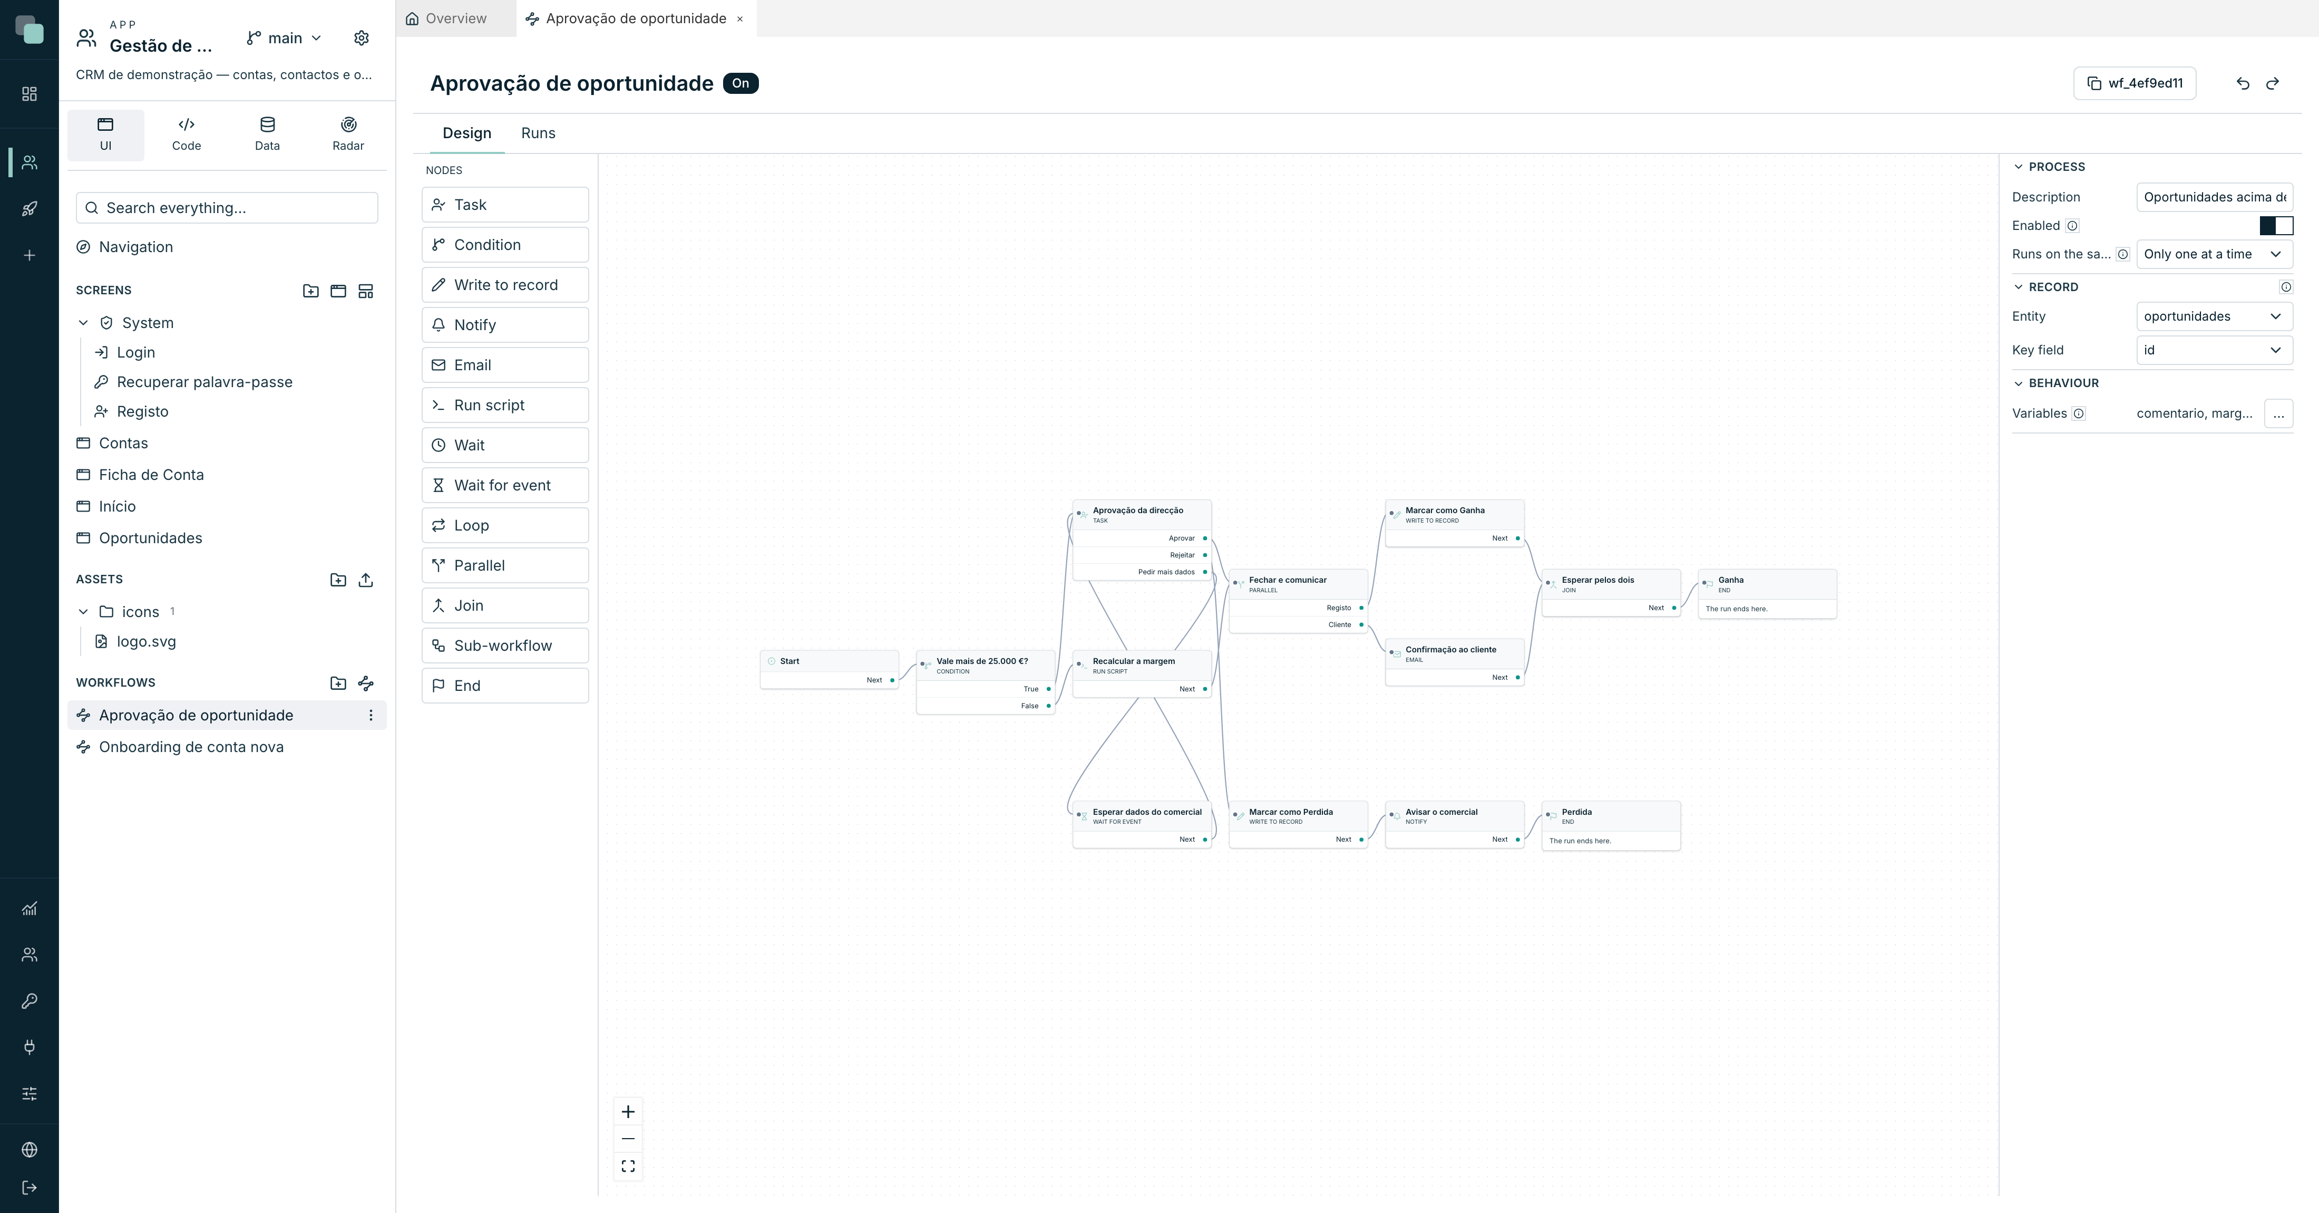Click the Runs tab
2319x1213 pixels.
pyautogui.click(x=538, y=133)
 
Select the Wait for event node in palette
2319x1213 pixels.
pyautogui.click(x=505, y=485)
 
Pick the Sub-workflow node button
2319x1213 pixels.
pyautogui.click(x=505, y=646)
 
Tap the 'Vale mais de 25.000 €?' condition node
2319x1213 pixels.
pyautogui.click(x=986, y=682)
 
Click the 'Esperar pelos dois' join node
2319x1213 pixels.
pyautogui.click(x=1611, y=593)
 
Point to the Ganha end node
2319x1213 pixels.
pyautogui.click(x=1767, y=593)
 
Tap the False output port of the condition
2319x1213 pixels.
pyautogui.click(x=1049, y=706)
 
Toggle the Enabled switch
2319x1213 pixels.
pyautogui.click(x=2276, y=226)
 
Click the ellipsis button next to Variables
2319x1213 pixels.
pyautogui.click(x=2278, y=414)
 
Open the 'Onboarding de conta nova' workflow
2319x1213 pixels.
pyautogui.click(x=191, y=747)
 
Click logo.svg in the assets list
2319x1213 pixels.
pyautogui.click(x=146, y=642)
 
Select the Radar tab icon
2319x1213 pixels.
pyautogui.click(x=348, y=124)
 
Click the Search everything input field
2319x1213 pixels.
pyautogui.click(x=227, y=208)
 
